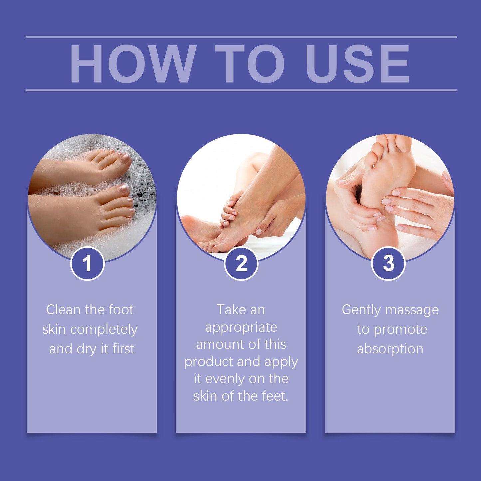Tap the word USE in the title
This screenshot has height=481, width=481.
point(358,63)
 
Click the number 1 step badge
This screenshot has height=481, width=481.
point(87,264)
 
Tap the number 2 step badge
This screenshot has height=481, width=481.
point(241,264)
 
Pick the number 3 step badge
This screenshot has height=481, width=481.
point(388,263)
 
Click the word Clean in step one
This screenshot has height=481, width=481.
point(64,310)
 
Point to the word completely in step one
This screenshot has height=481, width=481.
point(104,330)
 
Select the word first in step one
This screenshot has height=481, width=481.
point(123,349)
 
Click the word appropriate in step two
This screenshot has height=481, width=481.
point(241,327)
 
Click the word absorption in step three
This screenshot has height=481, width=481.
point(390,349)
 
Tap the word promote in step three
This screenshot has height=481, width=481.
point(400,330)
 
